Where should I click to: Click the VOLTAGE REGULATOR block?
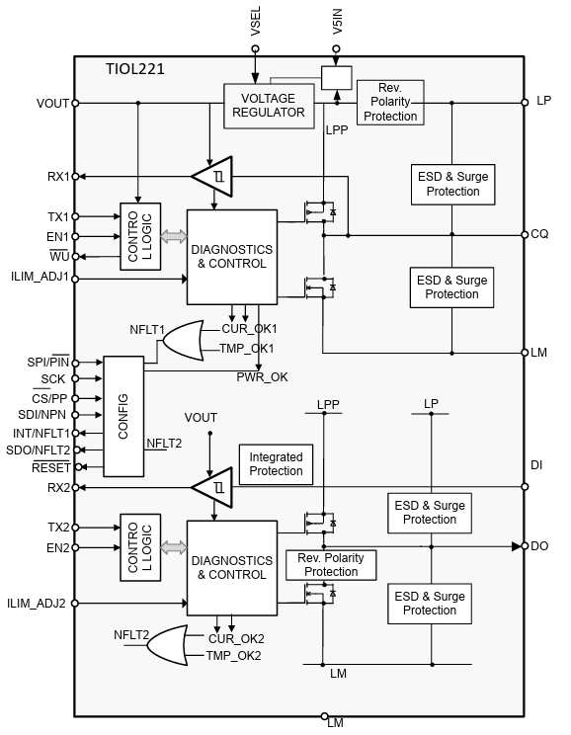(267, 104)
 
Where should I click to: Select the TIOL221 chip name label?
(134, 69)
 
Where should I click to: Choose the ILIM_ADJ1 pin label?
(40, 278)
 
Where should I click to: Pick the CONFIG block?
(123, 416)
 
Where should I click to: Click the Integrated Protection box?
(276, 464)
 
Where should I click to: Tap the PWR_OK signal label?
(262, 376)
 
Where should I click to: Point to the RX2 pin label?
(57, 487)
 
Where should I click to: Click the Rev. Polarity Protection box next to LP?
(390, 102)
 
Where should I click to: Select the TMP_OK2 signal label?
(234, 656)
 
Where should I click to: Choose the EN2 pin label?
(57, 548)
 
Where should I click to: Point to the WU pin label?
(59, 257)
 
